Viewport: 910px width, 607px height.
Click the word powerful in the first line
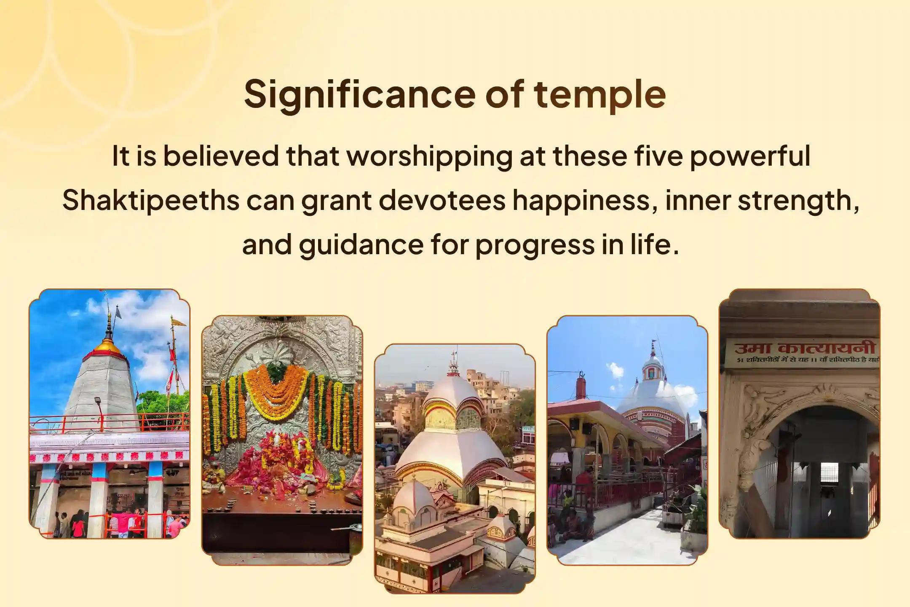coord(749,156)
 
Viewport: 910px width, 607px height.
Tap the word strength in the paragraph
coord(798,200)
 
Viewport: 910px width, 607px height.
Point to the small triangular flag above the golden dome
coord(118,312)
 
